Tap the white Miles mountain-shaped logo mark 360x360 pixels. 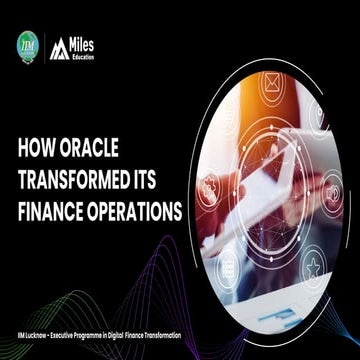click(x=58, y=46)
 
